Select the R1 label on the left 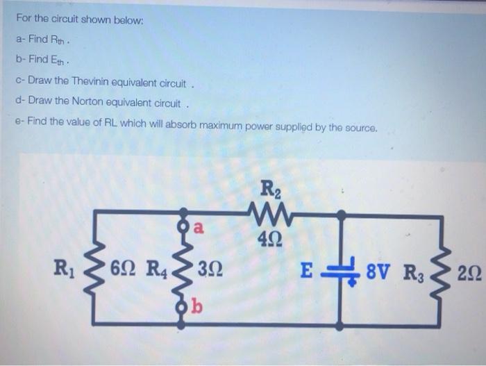point(63,267)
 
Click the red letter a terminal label point(198,226)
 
